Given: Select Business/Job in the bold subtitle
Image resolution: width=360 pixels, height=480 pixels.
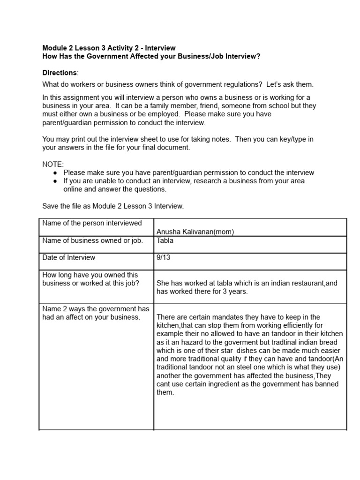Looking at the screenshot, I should point(204,57).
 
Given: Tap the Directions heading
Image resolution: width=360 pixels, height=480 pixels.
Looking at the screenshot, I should point(60,73).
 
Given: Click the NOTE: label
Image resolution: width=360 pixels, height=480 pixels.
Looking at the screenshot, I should point(53,165).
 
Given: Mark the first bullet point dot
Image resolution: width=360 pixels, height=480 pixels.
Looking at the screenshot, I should point(55,173).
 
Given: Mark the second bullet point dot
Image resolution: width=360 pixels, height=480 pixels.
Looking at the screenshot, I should point(55,181).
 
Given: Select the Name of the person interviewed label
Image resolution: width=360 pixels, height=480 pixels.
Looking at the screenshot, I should point(92,223).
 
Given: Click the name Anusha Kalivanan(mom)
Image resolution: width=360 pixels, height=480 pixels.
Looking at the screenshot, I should point(195,232).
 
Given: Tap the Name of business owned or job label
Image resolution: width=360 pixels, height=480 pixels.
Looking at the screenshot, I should point(92,240).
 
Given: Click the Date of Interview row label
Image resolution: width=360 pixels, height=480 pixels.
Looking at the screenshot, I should point(68,257).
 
